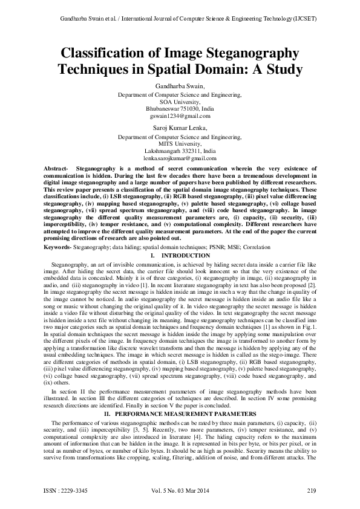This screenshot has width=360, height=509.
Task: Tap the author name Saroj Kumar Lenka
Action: pos(180,128)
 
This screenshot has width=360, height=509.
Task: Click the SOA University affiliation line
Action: pos(180,102)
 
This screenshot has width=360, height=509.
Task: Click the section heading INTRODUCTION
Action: pos(185,256)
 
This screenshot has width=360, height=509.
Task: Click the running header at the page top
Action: pos(180,20)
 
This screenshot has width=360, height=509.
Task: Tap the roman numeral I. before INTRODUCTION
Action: pos(152,256)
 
